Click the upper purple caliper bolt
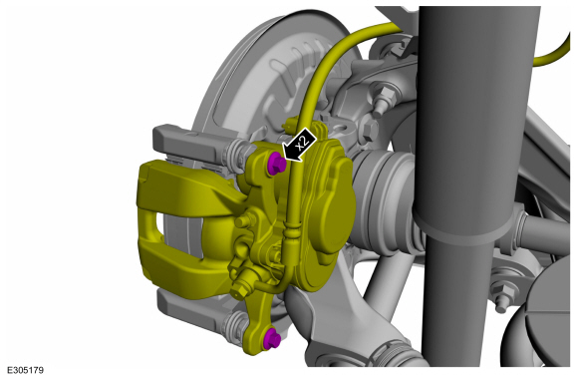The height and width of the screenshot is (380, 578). point(276,165)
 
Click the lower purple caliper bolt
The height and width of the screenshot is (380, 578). point(272,338)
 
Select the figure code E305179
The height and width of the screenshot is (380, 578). point(26,370)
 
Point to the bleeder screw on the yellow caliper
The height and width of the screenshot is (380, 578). point(241,285)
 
